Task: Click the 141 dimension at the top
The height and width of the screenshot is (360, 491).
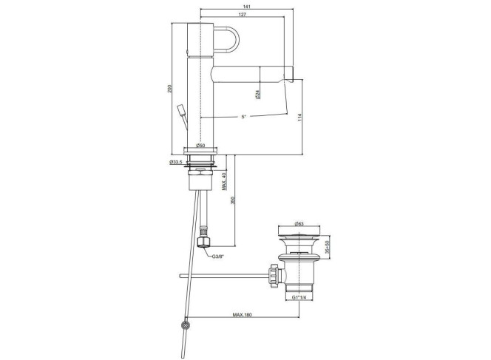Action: pyautogui.click(x=246, y=7)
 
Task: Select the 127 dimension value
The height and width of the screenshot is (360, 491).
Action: pyautogui.click(x=242, y=14)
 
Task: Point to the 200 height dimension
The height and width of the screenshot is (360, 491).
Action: pyautogui.click(x=169, y=89)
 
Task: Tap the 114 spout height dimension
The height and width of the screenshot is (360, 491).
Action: pyautogui.click(x=299, y=117)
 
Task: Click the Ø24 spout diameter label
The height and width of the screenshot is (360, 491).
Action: pyautogui.click(x=257, y=94)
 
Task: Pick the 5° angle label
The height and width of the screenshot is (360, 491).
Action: pyautogui.click(x=243, y=117)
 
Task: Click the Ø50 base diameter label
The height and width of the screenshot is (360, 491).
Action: pyautogui.click(x=200, y=145)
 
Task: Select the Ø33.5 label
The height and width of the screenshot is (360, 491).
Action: pyautogui.click(x=176, y=162)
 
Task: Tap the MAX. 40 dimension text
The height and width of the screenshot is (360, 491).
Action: pyautogui.click(x=224, y=181)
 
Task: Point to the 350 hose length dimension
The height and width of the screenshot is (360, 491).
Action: pyautogui.click(x=232, y=200)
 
